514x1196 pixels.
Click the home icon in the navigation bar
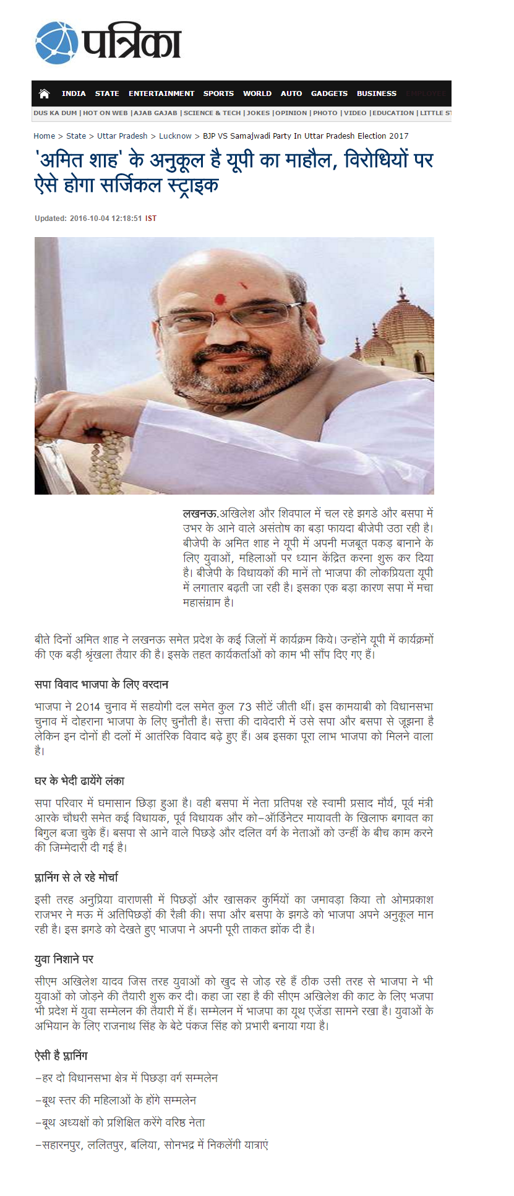point(44,93)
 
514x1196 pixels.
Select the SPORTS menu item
point(218,93)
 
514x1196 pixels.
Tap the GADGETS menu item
point(329,93)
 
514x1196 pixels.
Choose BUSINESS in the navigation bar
point(376,93)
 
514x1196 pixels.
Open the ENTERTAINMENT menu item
point(161,93)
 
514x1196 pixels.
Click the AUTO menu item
point(291,93)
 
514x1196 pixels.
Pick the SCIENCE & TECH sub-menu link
point(212,113)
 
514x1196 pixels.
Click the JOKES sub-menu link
point(258,113)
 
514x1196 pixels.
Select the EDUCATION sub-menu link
point(393,113)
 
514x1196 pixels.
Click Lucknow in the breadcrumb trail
point(175,136)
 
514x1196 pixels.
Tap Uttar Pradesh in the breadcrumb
point(122,136)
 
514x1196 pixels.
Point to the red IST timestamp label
point(151,219)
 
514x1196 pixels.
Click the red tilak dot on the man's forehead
point(219,300)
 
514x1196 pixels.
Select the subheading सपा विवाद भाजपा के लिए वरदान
point(101,685)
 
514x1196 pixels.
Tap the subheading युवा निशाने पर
point(64,960)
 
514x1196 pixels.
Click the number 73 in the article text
point(245,707)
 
